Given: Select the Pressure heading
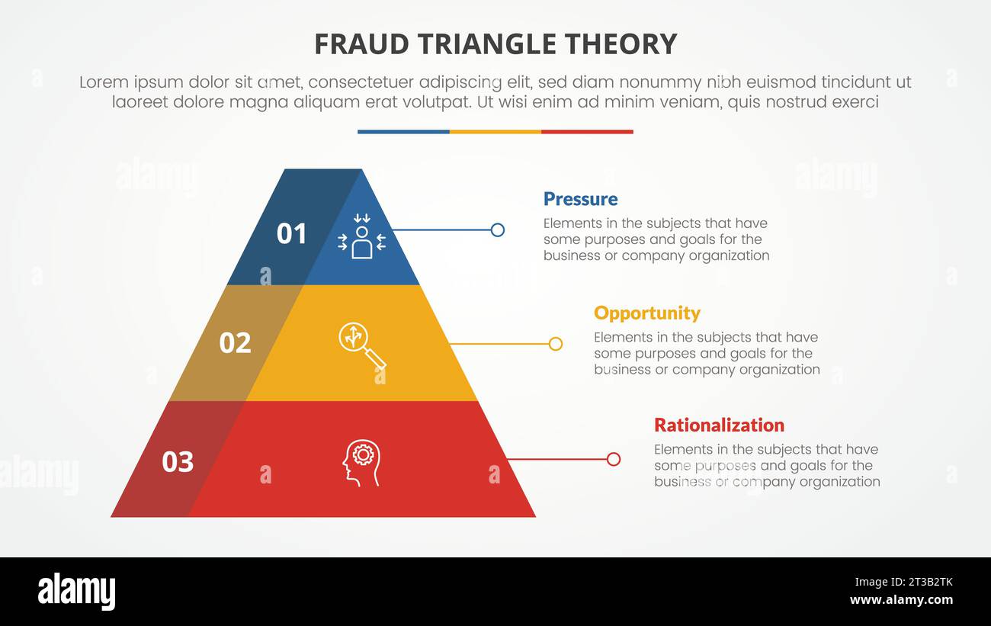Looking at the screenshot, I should [x=580, y=199].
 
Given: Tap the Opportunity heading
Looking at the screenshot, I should [x=646, y=313].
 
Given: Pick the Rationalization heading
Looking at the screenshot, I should [x=719, y=425].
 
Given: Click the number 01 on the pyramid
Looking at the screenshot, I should [x=291, y=233].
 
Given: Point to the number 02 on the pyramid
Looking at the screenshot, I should [x=235, y=343].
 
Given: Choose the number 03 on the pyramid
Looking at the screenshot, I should [x=178, y=461].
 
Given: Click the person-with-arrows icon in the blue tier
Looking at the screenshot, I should [x=361, y=236].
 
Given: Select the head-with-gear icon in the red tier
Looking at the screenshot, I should [x=361, y=462].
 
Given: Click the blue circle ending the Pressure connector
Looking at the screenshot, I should [x=498, y=230].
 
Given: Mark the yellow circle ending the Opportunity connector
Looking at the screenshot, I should [x=556, y=344].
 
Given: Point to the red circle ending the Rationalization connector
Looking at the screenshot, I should [x=614, y=459].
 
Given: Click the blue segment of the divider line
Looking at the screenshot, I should [x=403, y=132].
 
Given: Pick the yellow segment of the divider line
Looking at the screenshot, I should [x=496, y=132].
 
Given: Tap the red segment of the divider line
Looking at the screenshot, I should [x=587, y=132].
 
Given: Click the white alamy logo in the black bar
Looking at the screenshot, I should [x=76, y=592].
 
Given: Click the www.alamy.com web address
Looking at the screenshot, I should [x=901, y=600].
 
